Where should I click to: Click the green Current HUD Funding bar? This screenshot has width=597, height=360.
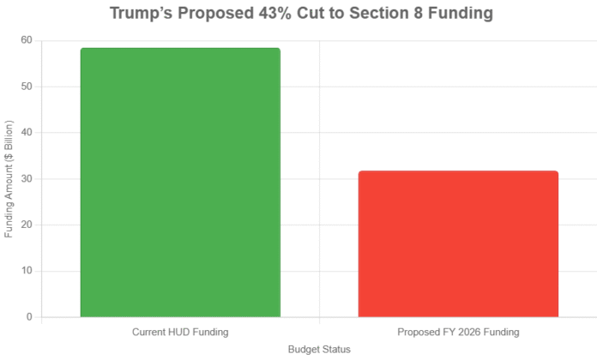pyautogui.click(x=180, y=183)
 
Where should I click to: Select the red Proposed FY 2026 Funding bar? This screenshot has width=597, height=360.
pyautogui.click(x=458, y=244)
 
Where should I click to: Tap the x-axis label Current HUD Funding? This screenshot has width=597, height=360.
pyautogui.click(x=180, y=332)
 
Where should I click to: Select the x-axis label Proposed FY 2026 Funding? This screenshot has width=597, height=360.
pyautogui.click(x=458, y=332)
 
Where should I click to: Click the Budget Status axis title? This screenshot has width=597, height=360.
pyautogui.click(x=319, y=350)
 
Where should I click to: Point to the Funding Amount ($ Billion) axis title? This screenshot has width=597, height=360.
pyautogui.click(x=9, y=179)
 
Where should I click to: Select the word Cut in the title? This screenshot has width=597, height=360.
pyautogui.click(x=321, y=15)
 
